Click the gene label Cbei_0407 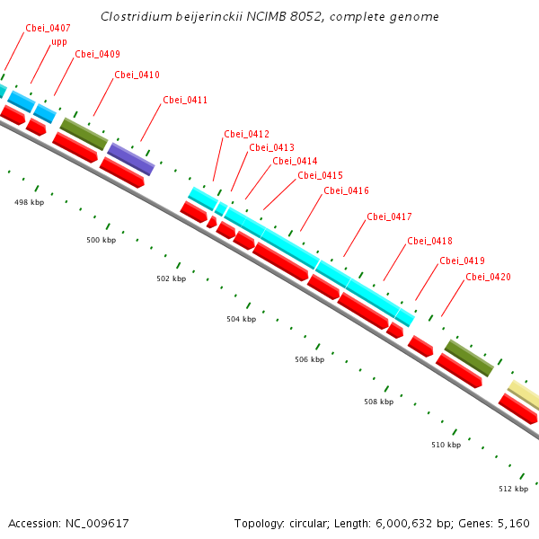48,28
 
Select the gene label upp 59,41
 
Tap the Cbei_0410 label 137,75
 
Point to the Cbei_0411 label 185,100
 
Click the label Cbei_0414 295,161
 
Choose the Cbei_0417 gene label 389,216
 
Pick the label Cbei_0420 488,277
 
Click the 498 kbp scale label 29,202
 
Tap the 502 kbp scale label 171,278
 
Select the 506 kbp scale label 309,359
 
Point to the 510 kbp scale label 446,445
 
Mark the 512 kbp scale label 513,490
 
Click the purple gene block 131,159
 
